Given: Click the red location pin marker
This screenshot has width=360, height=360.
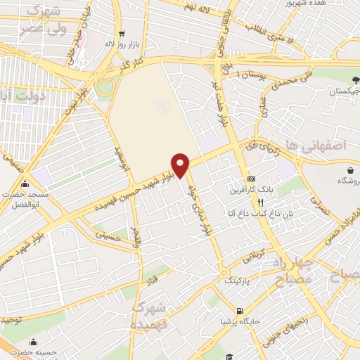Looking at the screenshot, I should point(181,165).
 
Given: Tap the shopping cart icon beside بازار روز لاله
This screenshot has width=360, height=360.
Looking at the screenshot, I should point(122,34).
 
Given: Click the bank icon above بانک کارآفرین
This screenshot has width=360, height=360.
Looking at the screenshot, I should point(252,179).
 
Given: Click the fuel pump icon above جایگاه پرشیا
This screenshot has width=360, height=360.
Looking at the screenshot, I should point(241,311).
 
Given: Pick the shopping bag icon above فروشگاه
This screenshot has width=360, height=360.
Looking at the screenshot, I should point(349,170).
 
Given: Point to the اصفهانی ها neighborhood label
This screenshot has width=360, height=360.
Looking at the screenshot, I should point(323,145).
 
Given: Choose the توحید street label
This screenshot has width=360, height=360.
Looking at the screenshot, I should point(12,320).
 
